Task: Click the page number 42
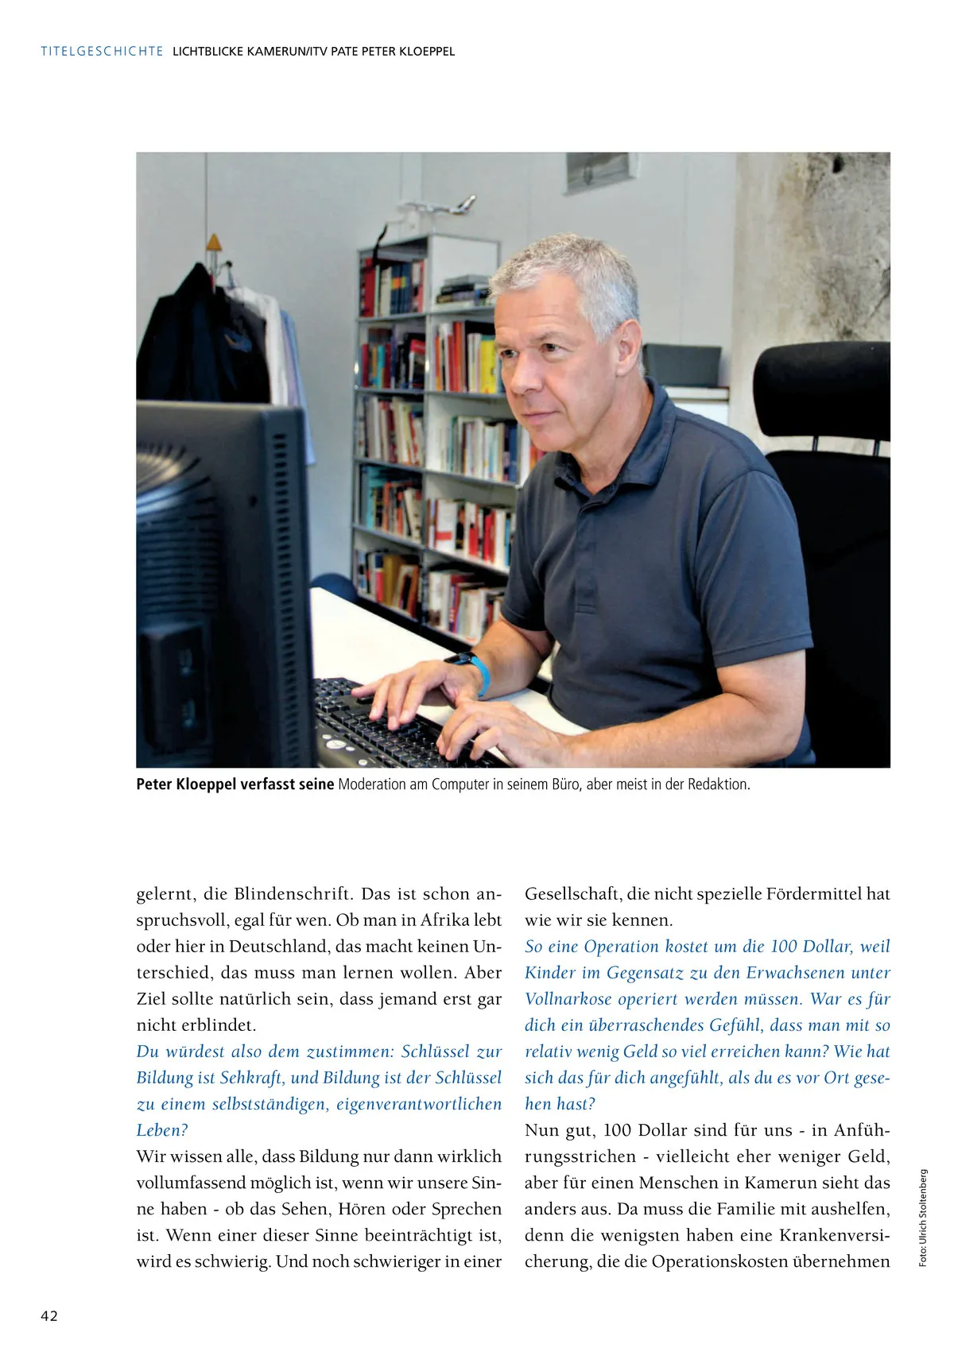[49, 1315]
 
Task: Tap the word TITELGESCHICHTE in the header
[102, 52]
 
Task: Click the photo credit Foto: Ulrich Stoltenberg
[923, 1217]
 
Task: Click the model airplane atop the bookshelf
[441, 207]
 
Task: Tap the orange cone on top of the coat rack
[213, 243]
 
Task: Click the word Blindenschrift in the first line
[292, 893]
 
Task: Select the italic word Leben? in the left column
[162, 1129]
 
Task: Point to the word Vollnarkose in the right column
[568, 998]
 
